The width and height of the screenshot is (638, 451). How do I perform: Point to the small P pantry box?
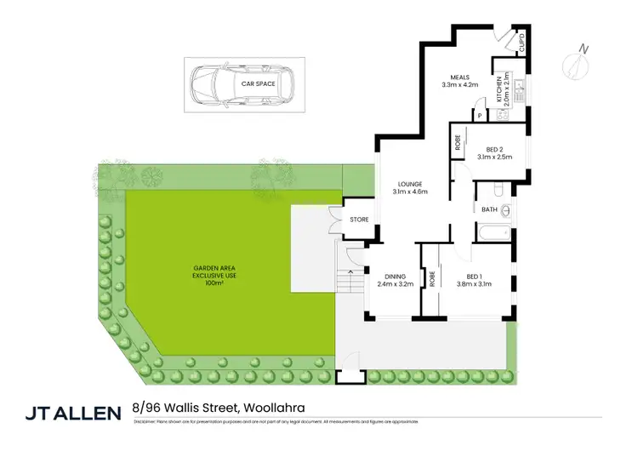480,115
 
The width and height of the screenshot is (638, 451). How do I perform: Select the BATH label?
489,209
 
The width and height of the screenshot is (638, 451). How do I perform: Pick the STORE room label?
360,220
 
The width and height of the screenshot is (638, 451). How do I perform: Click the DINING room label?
395,279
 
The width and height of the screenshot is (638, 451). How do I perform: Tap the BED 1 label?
474,279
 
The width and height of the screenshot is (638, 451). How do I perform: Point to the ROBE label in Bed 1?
432,279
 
